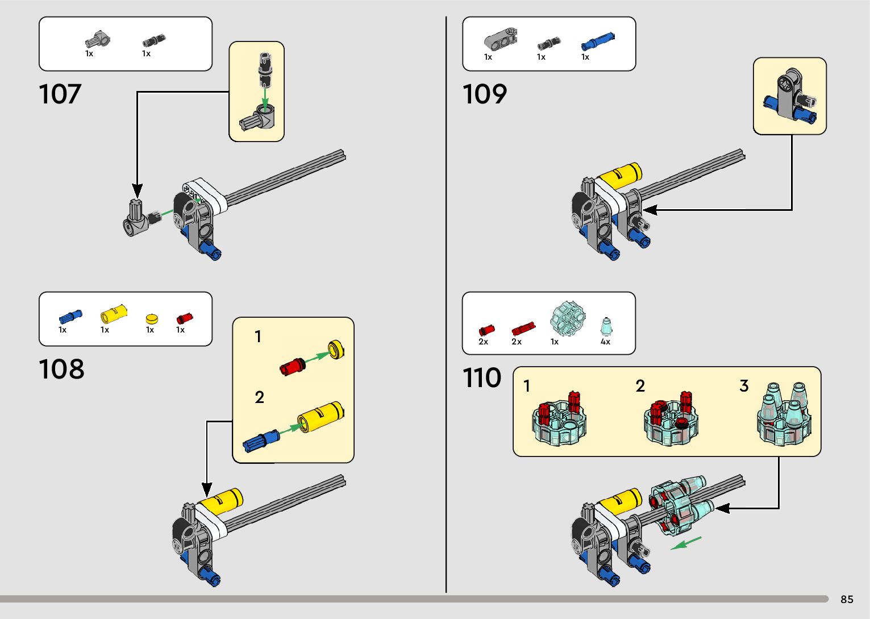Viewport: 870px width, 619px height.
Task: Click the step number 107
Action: coord(60,94)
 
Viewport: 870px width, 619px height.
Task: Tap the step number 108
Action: coord(61,369)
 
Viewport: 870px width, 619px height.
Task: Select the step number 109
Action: coord(484,94)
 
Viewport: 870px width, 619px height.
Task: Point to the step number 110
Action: coord(482,378)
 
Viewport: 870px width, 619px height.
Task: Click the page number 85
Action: coord(847,600)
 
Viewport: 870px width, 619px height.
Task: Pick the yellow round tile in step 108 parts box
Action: coord(151,319)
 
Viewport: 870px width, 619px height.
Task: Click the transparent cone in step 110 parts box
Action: coord(606,327)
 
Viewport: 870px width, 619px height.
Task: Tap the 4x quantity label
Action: coord(605,342)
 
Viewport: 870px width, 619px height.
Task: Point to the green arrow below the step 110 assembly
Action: coord(686,543)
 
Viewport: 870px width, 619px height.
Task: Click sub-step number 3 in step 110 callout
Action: coord(744,387)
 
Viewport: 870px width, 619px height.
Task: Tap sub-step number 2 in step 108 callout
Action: coord(259,397)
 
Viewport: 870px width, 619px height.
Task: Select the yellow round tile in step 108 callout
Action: coord(336,350)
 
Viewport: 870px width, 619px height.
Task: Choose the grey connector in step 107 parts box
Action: coord(98,40)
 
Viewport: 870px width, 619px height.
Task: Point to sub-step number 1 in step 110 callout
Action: coord(526,387)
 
